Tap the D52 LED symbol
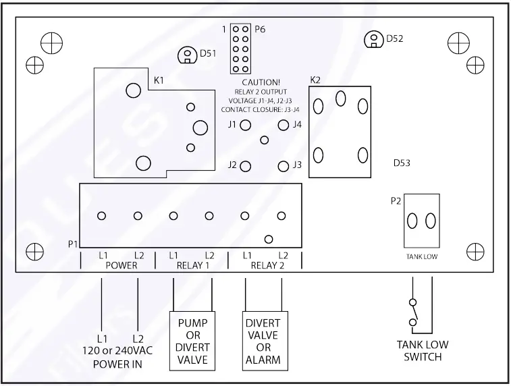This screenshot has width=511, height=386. tap(372, 40)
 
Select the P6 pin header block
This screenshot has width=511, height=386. tap(240, 49)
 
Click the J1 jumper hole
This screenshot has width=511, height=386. tap(246, 125)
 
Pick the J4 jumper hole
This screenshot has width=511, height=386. tap(283, 125)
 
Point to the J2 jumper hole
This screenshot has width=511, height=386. tap(246, 165)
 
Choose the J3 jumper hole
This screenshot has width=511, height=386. tap(283, 165)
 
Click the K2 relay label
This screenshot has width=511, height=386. tap(315, 80)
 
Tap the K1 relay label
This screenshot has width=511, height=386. tap(159, 80)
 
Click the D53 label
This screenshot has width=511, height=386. tap(403, 163)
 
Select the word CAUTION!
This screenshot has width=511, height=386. tap(260, 82)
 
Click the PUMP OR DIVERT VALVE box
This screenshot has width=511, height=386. tap(192, 341)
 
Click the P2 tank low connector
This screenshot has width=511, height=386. tap(421, 221)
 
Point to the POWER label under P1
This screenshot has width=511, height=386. tap(122, 265)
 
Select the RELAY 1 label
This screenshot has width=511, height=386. tap(192, 265)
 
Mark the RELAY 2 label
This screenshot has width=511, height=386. tap(265, 265)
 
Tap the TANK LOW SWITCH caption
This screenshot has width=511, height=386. tap(422, 350)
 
